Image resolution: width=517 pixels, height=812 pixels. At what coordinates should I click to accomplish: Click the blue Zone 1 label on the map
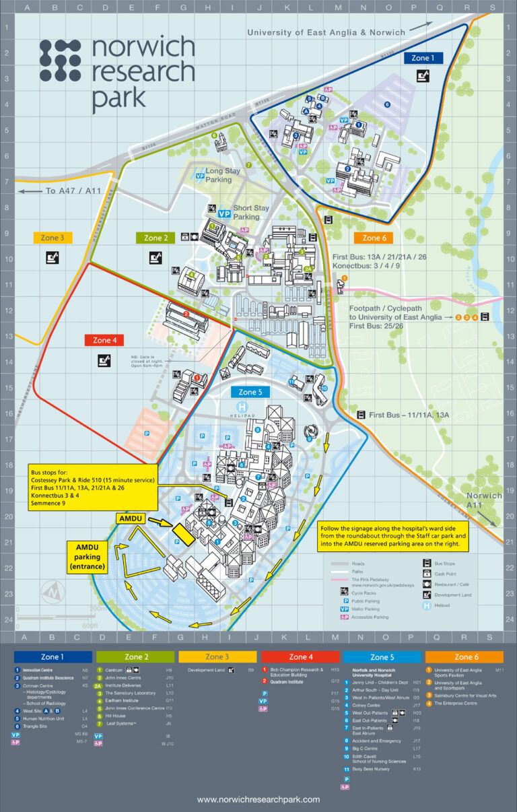click(x=423, y=58)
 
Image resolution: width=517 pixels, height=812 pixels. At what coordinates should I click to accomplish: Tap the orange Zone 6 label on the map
click(x=375, y=238)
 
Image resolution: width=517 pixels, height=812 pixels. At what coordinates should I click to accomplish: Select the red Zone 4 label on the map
click(x=105, y=340)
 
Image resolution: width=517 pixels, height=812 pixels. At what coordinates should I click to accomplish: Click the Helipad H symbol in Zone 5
click(x=242, y=407)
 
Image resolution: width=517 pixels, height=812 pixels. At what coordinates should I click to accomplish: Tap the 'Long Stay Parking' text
click(x=223, y=175)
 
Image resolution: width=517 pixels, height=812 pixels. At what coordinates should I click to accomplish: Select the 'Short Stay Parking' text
click(x=250, y=212)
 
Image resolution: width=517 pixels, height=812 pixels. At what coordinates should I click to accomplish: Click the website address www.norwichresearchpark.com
click(x=258, y=799)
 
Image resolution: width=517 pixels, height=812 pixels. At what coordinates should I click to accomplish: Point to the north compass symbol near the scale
click(x=49, y=593)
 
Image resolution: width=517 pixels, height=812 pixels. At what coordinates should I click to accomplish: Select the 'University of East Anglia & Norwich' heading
click(x=326, y=32)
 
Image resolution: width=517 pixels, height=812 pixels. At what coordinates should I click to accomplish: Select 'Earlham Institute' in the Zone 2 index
click(x=122, y=700)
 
